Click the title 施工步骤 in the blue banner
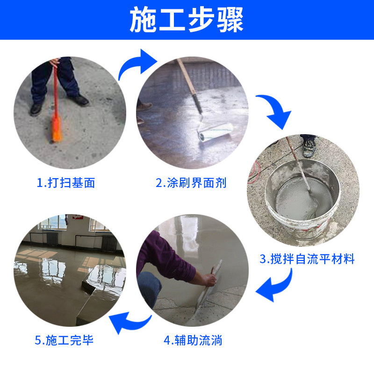[x=187, y=20]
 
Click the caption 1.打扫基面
[x=66, y=183]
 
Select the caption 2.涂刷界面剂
[x=191, y=183]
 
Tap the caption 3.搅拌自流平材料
[x=307, y=259]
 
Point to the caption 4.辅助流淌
[x=193, y=340]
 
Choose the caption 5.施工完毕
[x=64, y=340]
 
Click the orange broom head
[x=57, y=129]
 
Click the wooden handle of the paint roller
[x=186, y=77]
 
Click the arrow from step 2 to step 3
[x=277, y=110]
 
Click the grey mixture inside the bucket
[x=302, y=198]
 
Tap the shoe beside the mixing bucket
[x=309, y=147]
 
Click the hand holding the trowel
[x=210, y=279]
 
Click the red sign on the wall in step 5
[x=78, y=217]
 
